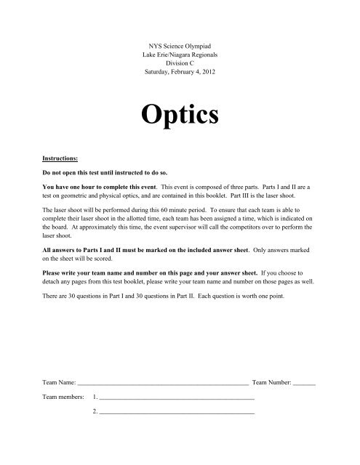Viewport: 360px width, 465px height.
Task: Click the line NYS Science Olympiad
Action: pyautogui.click(x=180, y=36)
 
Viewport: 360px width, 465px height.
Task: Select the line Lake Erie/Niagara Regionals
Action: pyautogui.click(x=180, y=46)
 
